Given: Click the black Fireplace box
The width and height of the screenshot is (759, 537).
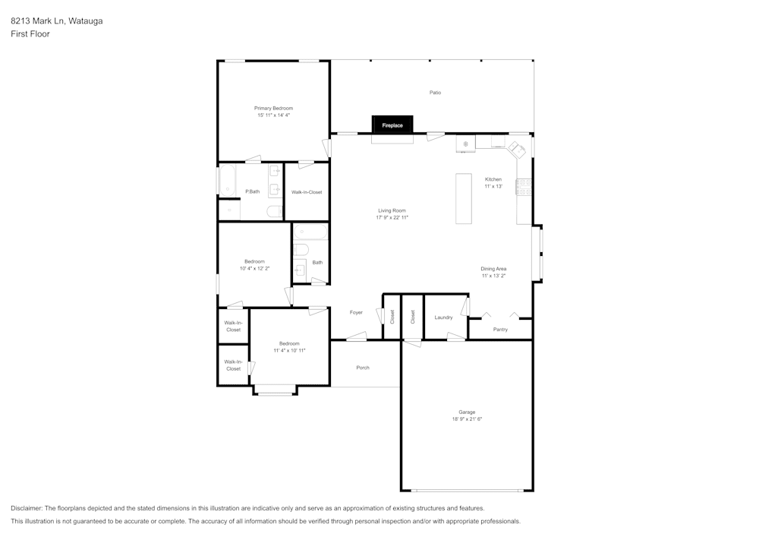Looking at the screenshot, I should [392, 125].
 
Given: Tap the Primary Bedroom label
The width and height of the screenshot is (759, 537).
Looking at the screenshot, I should [273, 109].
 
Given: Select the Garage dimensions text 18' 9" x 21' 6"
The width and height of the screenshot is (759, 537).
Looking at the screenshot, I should [467, 419].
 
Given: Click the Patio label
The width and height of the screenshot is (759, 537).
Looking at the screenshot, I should [435, 93].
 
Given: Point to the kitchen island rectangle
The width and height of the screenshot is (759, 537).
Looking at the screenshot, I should [464, 198].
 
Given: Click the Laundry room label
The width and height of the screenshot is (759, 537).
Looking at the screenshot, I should [443, 317].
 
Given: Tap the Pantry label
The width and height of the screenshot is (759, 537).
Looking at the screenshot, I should [500, 330].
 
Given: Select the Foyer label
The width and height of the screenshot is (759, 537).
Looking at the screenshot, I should [356, 312].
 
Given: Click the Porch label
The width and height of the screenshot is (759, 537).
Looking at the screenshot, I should [363, 368].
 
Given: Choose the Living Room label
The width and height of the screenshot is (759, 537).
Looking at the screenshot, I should [392, 210].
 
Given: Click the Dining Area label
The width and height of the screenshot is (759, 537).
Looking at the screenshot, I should [493, 269].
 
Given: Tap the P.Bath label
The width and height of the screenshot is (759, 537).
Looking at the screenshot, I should [252, 191].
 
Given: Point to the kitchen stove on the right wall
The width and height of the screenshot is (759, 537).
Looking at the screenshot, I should [524, 187].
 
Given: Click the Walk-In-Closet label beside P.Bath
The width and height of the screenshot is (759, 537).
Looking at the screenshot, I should [307, 192].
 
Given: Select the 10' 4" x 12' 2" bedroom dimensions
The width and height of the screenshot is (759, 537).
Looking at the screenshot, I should [254, 268].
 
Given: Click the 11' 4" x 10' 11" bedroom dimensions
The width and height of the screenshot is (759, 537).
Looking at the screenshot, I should [289, 351].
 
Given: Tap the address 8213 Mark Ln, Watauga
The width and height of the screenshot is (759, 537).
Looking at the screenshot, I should [57, 21].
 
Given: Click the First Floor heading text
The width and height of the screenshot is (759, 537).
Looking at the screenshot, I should [30, 34].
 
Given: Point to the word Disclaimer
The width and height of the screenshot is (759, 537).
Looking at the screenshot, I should [27, 508].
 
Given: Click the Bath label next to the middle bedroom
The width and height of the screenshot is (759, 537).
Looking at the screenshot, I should [317, 263].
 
